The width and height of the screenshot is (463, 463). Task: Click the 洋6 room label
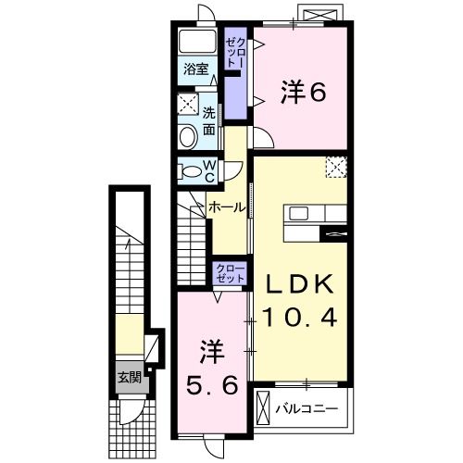(x=303, y=92)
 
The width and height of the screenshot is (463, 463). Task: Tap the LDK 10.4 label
(x=297, y=300)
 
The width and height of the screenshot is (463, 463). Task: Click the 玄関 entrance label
(x=129, y=377)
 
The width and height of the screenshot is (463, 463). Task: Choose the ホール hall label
(x=227, y=206)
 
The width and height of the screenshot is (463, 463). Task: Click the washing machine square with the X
(x=188, y=104)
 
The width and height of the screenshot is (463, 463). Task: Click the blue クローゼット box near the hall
(x=231, y=273)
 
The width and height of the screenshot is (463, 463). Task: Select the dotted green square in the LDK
(x=336, y=168)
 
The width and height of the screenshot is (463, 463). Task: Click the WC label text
(x=209, y=170)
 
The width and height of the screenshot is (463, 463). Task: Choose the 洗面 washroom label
(x=210, y=120)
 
